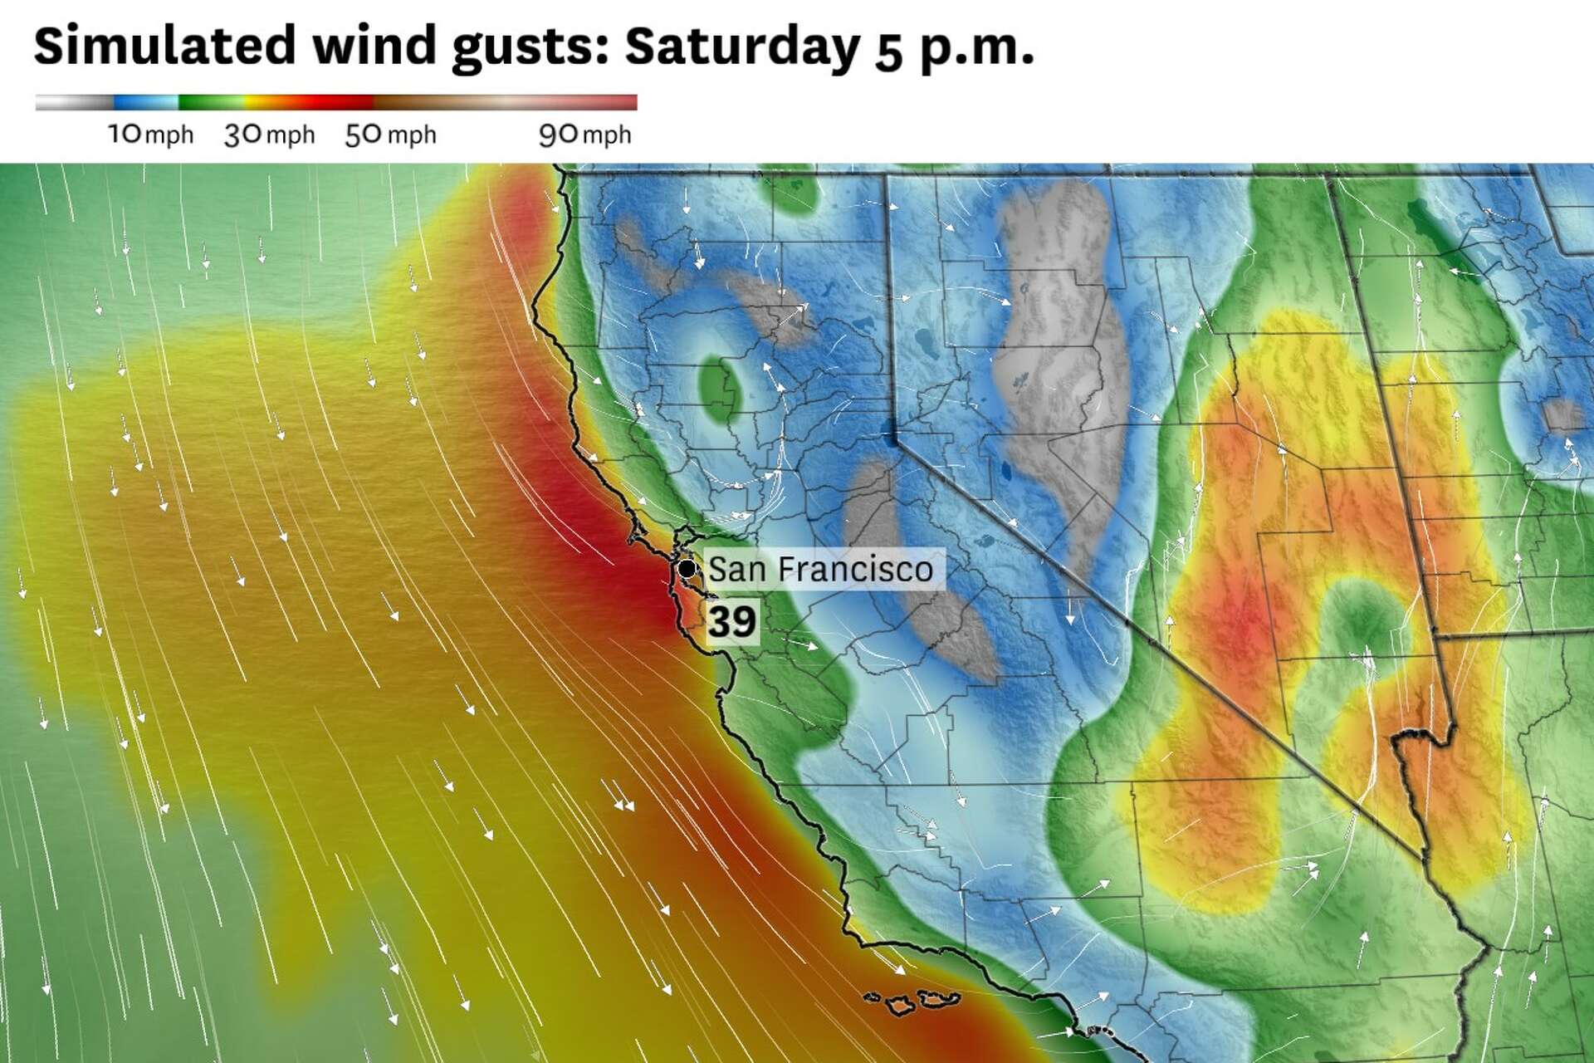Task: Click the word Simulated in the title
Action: (x=164, y=47)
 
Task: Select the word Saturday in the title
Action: (x=742, y=47)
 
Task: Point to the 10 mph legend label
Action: (x=150, y=135)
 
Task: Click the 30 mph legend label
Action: (x=269, y=135)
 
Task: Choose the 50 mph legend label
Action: (x=390, y=135)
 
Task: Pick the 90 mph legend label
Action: (x=584, y=135)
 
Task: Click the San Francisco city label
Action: (x=820, y=570)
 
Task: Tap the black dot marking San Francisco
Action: (x=687, y=569)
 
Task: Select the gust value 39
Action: (x=731, y=621)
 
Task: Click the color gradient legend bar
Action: (x=336, y=103)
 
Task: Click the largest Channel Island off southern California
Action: (x=899, y=1006)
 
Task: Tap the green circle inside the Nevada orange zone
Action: (x=1357, y=619)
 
